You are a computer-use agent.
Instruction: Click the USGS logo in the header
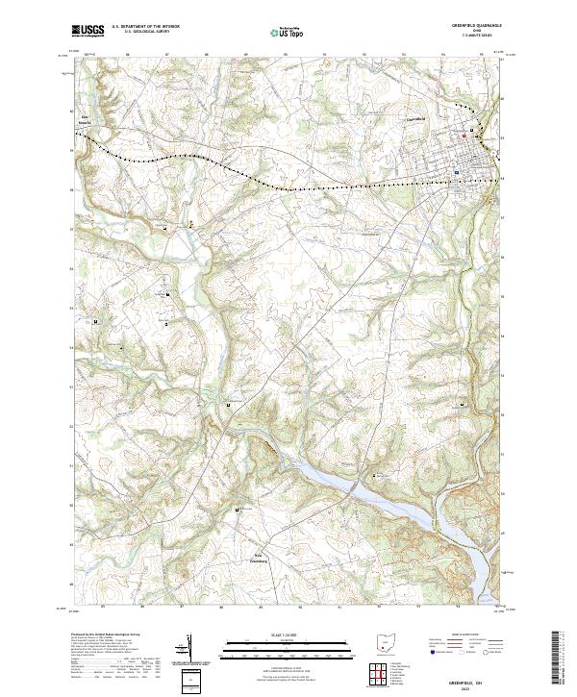[88, 31]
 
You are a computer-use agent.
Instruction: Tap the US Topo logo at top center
[288, 32]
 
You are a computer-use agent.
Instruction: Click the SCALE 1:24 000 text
[288, 635]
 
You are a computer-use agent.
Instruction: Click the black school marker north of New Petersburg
[238, 509]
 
